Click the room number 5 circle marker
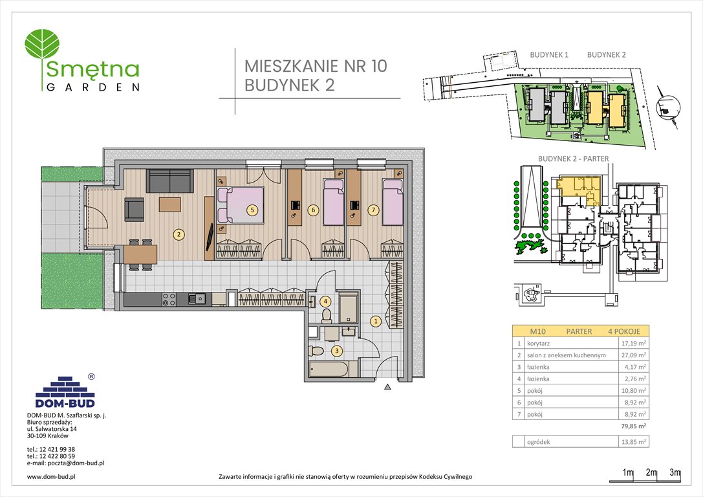[x=252, y=210]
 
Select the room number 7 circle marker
[x=373, y=210]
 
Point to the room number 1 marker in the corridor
[x=375, y=320]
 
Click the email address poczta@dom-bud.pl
[x=66, y=463]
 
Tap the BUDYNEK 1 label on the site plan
[x=549, y=55]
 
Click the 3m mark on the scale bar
[x=675, y=473]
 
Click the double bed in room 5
[x=240, y=205]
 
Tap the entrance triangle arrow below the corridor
[x=387, y=388]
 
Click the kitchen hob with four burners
[x=169, y=299]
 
